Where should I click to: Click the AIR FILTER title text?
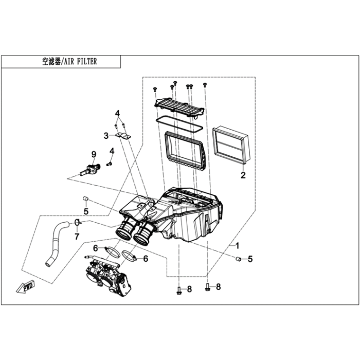(69, 61)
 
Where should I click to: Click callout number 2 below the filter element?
(243, 175)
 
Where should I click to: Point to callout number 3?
(106, 136)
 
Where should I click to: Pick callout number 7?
(77, 237)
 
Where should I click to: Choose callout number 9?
(94, 154)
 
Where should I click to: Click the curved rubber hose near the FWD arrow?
(56, 242)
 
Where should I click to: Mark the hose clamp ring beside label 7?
(77, 222)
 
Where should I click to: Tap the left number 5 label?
(86, 210)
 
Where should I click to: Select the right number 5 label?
(250, 259)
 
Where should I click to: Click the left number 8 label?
(189, 290)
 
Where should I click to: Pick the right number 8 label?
(218, 286)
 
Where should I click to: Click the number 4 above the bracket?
(117, 113)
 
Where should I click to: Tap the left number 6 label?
(96, 248)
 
